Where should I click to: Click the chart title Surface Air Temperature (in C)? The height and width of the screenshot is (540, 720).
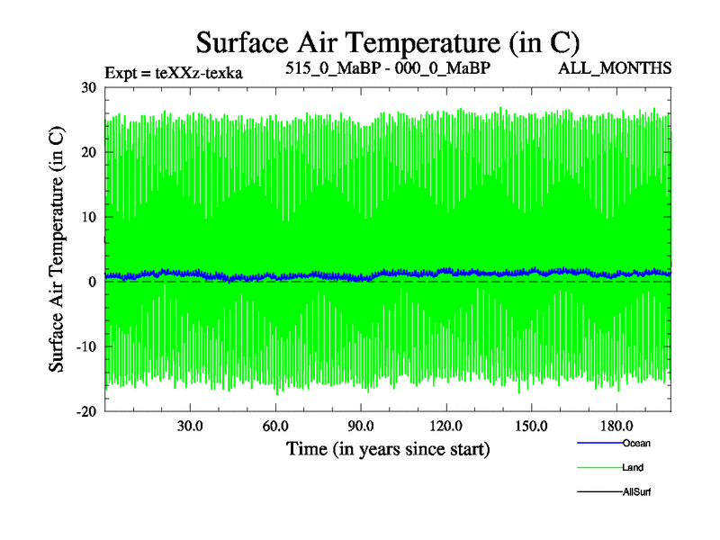387,42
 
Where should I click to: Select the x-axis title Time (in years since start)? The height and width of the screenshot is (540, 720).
388,447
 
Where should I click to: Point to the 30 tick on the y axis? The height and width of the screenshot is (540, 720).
88,87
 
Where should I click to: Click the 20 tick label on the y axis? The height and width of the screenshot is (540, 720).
88,152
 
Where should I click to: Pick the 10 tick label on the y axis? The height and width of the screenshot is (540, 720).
88,217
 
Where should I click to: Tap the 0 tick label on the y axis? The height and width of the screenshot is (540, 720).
92,282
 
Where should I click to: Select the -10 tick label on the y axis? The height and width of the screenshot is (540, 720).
85,346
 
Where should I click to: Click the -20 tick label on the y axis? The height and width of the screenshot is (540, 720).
85,411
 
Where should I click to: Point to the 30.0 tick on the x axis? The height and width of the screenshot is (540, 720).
190,426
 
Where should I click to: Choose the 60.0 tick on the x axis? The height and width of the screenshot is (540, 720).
275,426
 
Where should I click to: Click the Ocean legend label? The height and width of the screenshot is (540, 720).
636,443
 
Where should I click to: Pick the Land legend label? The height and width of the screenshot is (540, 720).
633,467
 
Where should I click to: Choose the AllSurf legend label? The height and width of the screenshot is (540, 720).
636,491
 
